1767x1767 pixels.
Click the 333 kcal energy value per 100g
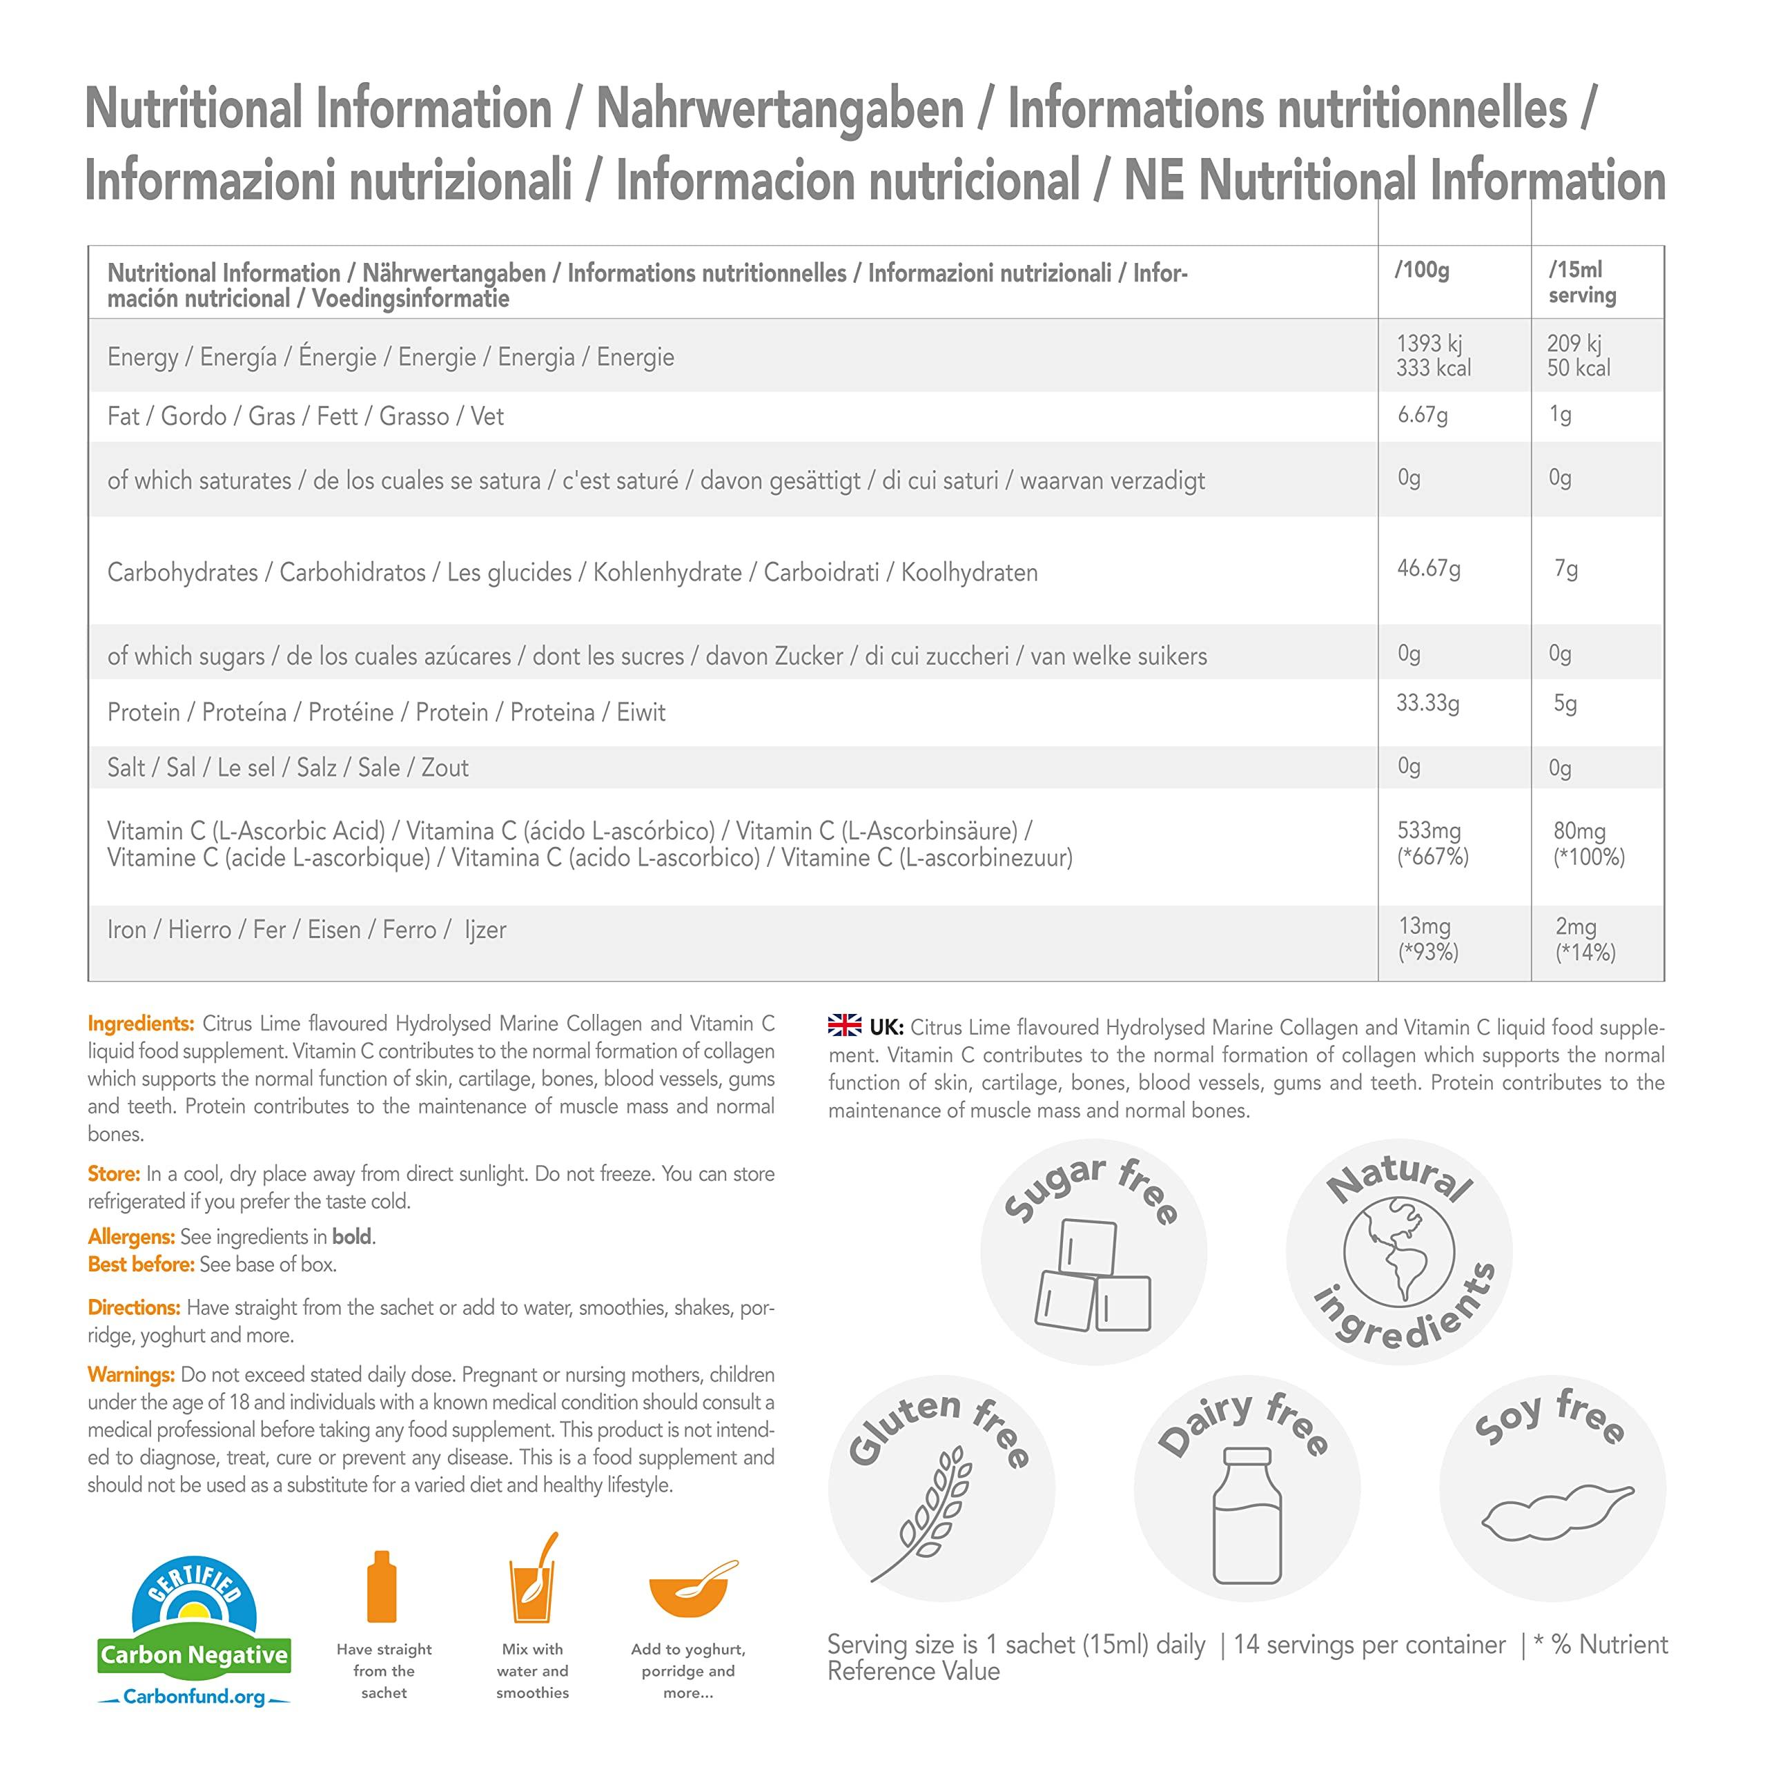click(1433, 369)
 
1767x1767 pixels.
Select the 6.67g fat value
click(1422, 416)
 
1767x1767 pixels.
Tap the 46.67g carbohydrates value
click(1429, 569)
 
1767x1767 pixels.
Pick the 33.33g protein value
click(1427, 703)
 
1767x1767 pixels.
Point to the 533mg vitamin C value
click(1429, 831)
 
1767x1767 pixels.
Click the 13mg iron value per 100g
click(1424, 926)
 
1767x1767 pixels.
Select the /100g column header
click(1422, 270)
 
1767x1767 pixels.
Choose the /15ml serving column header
click(1582, 282)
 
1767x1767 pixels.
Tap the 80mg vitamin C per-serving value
click(1579, 831)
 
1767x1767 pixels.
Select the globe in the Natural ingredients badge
click(1398, 1252)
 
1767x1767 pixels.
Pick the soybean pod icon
click(1556, 1516)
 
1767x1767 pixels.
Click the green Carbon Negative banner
click(194, 1654)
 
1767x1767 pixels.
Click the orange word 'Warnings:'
click(130, 1375)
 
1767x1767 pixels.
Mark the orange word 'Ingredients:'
click(141, 1024)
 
